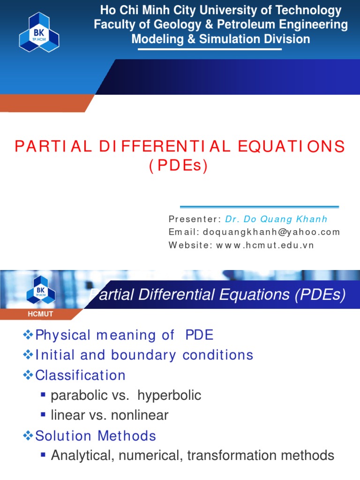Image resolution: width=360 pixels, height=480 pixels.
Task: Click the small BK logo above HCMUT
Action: point(41,289)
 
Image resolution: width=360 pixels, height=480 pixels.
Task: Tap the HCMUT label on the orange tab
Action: point(40,315)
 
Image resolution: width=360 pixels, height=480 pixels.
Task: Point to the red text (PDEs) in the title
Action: point(179,166)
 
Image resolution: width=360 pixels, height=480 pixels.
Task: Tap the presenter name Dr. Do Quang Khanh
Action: point(276,219)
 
